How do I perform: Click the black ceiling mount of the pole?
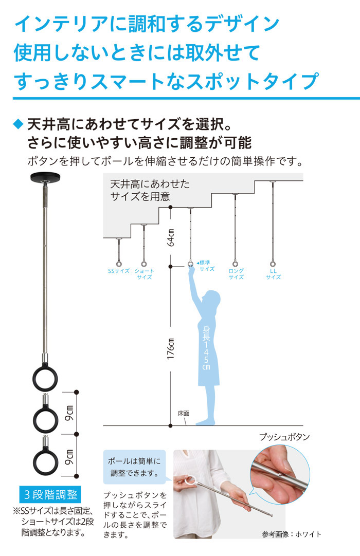[x=46, y=179]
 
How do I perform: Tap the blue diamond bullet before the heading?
[x=18, y=124]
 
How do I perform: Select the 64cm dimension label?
[x=171, y=237]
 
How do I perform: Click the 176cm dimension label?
[x=171, y=349]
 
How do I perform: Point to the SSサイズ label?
[x=118, y=271]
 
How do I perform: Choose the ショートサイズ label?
[x=144, y=274]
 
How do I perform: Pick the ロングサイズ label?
[x=236, y=274]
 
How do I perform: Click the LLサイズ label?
[x=273, y=274]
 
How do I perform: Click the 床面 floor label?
[x=184, y=413]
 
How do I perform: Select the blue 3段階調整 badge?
[x=50, y=495]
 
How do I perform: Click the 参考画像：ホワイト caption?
[x=291, y=534]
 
